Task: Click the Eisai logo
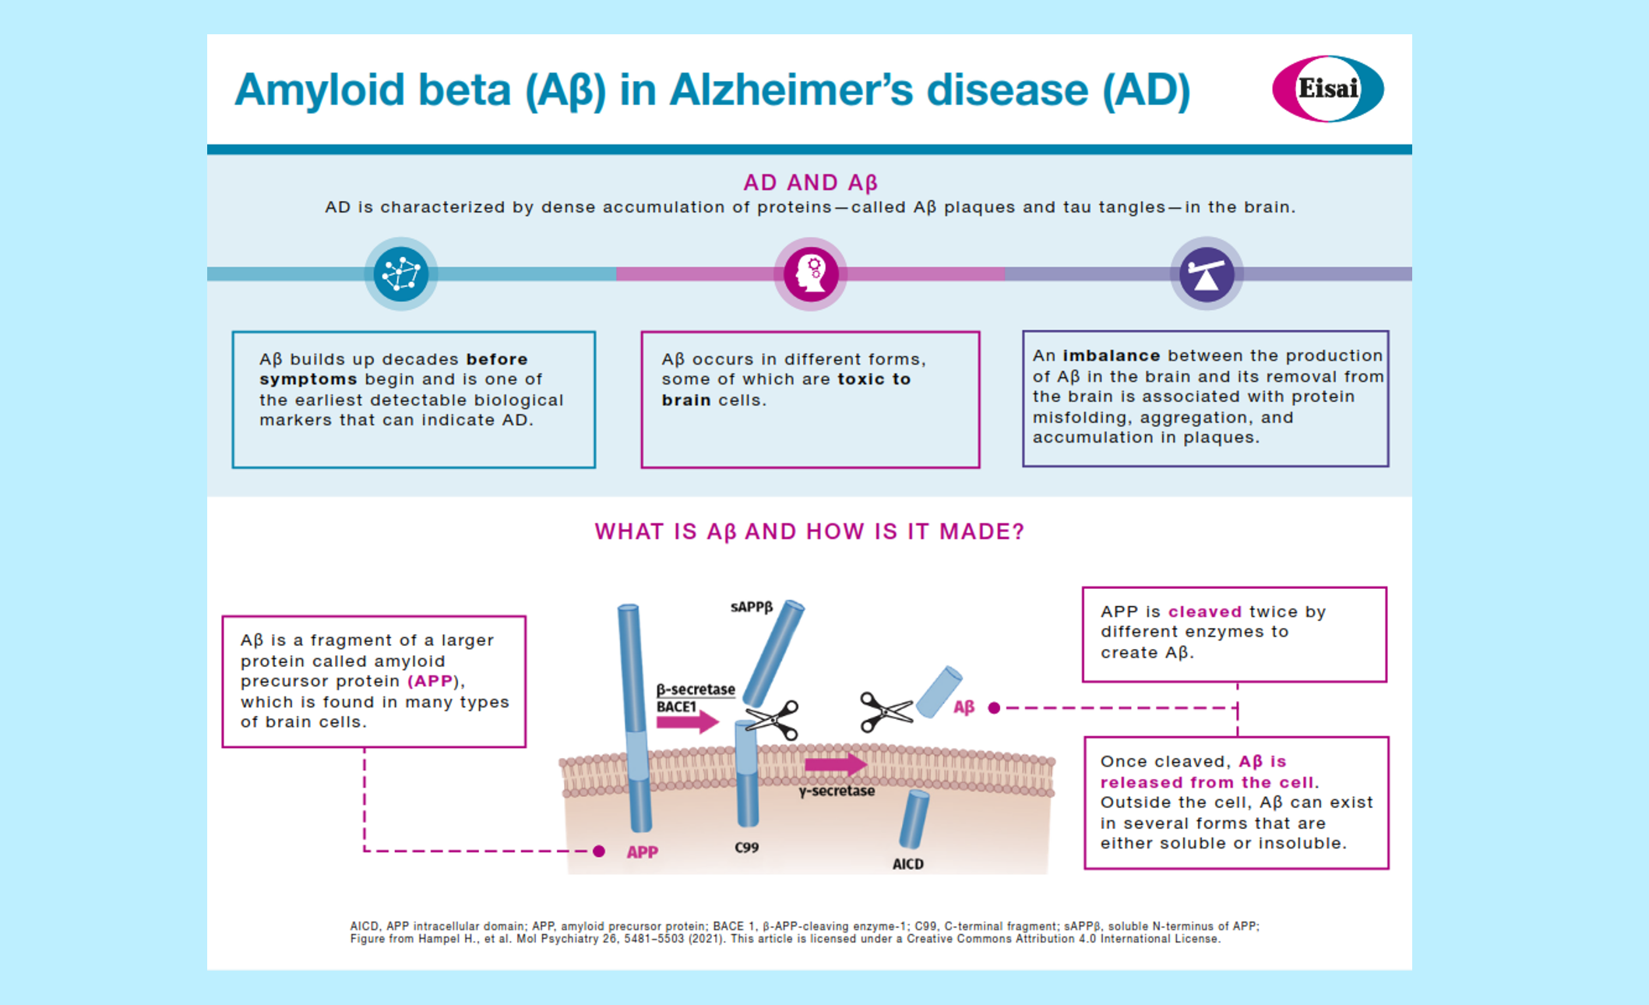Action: click(1327, 89)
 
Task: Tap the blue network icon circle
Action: click(400, 273)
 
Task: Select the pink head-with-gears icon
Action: click(810, 273)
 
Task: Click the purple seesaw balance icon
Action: click(1206, 273)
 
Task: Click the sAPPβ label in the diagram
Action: click(751, 607)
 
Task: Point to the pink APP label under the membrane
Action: click(643, 852)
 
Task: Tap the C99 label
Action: click(746, 848)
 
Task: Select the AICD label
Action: click(907, 864)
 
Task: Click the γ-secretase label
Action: click(837, 791)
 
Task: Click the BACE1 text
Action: click(676, 707)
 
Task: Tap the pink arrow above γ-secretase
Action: click(835, 764)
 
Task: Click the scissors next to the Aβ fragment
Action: click(885, 711)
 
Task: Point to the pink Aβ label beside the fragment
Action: click(964, 707)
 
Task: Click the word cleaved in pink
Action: click(1204, 612)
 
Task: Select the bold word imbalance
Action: click(1111, 355)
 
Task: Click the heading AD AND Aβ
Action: click(810, 182)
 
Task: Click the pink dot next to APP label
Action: click(599, 851)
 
